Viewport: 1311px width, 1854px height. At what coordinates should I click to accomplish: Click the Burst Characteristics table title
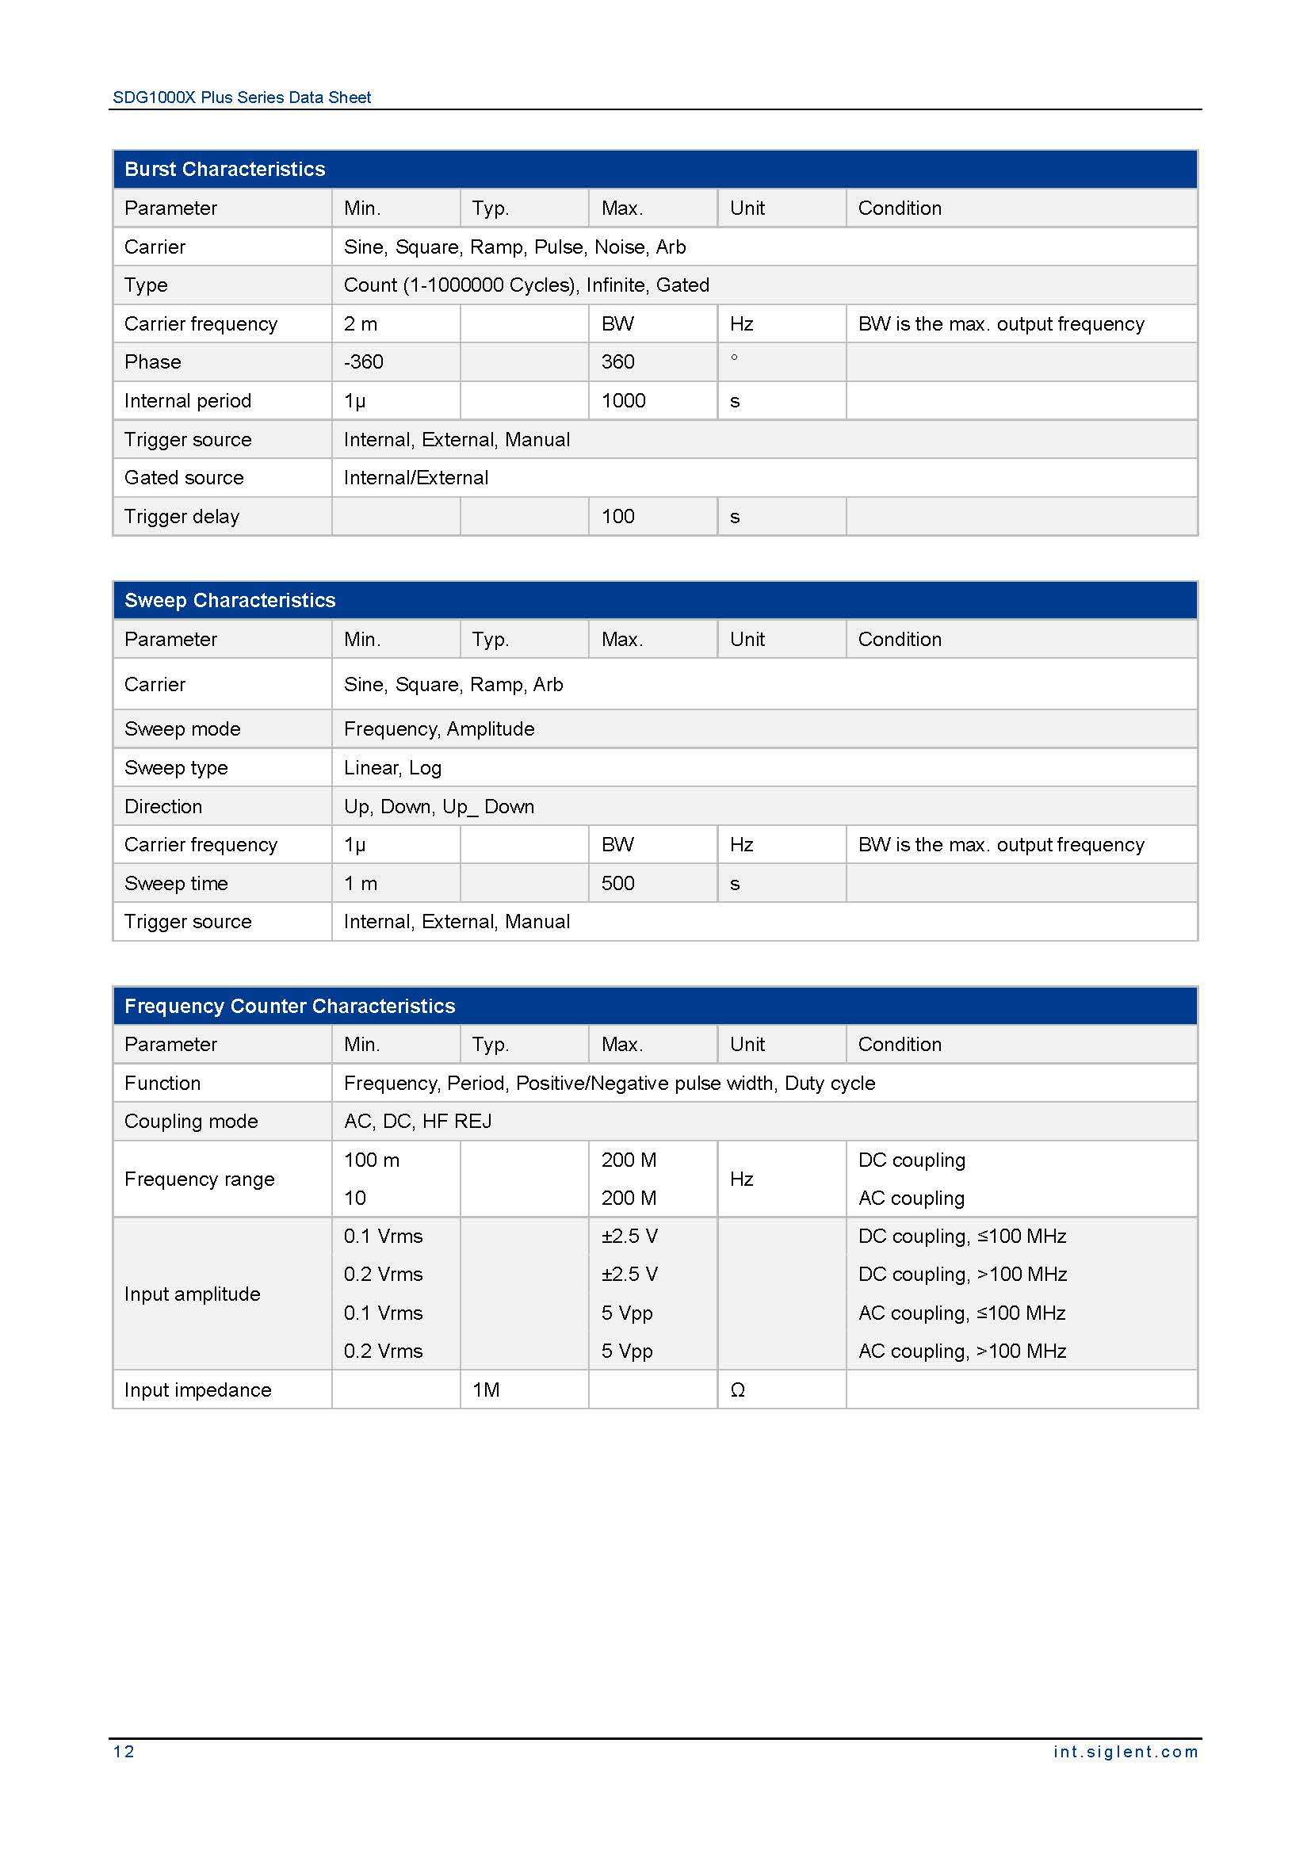[224, 169]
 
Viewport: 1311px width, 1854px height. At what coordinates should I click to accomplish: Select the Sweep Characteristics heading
[229, 600]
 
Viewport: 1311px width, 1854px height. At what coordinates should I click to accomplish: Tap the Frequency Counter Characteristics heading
[289, 1005]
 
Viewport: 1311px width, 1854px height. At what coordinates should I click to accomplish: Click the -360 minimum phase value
[363, 361]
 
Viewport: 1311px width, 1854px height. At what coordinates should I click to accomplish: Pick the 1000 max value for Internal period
[623, 400]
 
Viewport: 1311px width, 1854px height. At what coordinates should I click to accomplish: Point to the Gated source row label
[184, 477]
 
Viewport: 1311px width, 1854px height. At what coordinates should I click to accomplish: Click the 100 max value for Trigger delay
[617, 516]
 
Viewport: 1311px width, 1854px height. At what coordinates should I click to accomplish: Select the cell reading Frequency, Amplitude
[439, 728]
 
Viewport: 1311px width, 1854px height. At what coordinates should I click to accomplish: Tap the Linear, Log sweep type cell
[392, 767]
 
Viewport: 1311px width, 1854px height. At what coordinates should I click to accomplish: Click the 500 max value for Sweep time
[617, 882]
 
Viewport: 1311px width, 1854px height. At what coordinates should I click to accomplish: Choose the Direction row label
[163, 806]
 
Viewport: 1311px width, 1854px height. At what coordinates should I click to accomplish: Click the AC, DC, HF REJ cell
[418, 1121]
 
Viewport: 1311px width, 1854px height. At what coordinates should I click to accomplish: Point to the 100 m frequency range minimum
[371, 1160]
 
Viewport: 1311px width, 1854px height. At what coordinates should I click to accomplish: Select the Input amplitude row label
[192, 1294]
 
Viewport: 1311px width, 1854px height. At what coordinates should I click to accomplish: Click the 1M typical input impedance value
[486, 1390]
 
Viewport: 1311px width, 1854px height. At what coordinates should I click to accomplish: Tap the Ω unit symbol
[737, 1390]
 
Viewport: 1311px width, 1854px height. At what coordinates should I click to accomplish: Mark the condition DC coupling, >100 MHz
[962, 1275]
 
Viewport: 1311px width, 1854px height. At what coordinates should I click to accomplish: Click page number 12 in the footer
[124, 1752]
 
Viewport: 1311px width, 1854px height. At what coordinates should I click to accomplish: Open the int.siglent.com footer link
[1126, 1752]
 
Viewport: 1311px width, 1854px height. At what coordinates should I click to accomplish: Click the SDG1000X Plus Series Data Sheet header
[242, 97]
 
